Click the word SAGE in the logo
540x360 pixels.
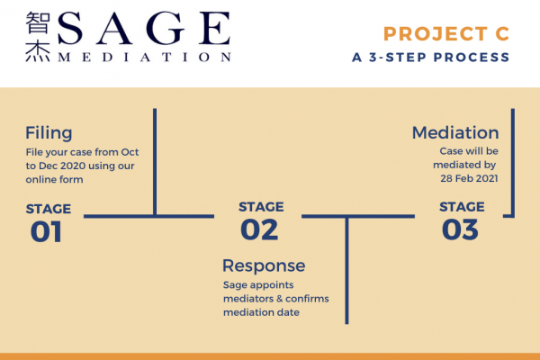[x=144, y=28]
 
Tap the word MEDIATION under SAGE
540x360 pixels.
[x=145, y=58]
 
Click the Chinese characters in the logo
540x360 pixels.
[x=38, y=37]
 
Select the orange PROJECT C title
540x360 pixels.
[x=446, y=34]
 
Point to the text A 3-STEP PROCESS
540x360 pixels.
[x=431, y=58]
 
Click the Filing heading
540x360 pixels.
[x=49, y=133]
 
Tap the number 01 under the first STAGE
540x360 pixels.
[x=46, y=231]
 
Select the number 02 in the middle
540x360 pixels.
[x=259, y=229]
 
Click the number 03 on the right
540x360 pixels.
[x=460, y=229]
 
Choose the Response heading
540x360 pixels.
[x=264, y=266]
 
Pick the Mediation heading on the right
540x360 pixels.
[x=455, y=132]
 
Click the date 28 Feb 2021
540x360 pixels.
[x=469, y=178]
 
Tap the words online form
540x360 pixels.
[x=54, y=179]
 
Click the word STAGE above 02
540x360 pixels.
[x=261, y=207]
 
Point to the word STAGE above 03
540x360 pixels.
[x=462, y=207]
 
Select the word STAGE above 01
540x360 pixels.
[x=49, y=209]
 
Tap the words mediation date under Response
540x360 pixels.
[x=261, y=312]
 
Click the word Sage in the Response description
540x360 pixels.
[x=233, y=285]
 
